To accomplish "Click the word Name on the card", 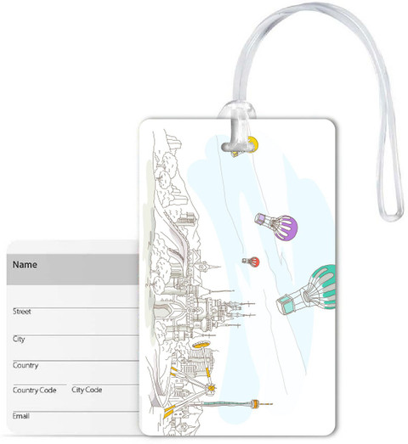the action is pos(25,265).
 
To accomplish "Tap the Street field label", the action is pos(22,312).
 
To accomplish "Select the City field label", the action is pos(19,340).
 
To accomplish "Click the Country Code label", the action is pos(34,391).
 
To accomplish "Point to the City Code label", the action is pos(87,390).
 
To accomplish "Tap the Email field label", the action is pos(20,416).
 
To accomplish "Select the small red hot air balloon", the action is pos(251,261).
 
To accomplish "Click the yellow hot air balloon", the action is pos(246,146).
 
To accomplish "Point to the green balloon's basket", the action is pos(285,305).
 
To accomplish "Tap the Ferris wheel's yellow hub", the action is pos(211,387).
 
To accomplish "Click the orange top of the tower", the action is pos(255,404).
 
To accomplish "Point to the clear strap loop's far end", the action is pos(393,215).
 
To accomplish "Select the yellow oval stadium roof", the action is pos(201,345).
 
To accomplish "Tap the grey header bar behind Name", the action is pos(73,269).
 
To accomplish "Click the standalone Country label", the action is pos(25,365).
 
